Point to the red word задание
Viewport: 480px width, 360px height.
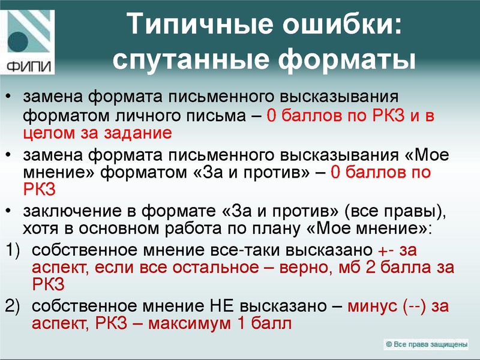pyautogui.click(x=140, y=132)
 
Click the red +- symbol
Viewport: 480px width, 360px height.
pyautogui.click(x=385, y=250)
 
